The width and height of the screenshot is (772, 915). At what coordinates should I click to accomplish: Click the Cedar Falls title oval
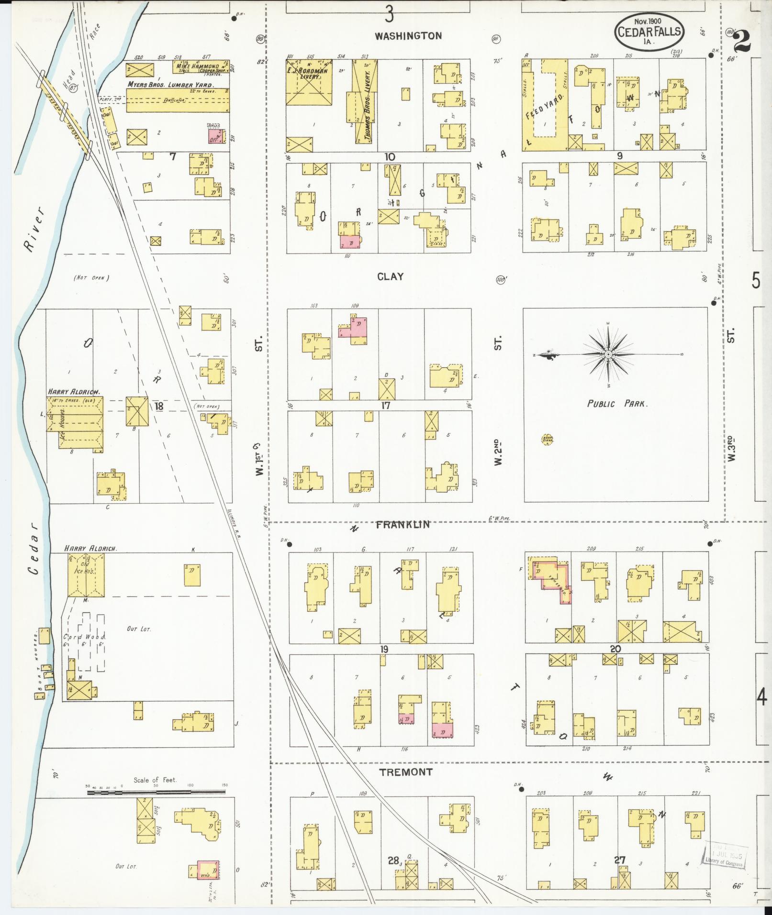tap(649, 32)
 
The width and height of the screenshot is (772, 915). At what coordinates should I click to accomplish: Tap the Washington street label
tap(408, 36)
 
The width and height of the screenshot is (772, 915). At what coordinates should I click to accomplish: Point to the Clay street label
tap(390, 276)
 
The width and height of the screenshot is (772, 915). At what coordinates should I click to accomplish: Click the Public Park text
tap(617, 404)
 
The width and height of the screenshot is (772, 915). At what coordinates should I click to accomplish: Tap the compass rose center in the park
tap(608, 354)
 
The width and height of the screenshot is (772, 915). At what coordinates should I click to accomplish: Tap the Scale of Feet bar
tap(156, 793)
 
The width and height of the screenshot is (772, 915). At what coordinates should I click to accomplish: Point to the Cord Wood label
tap(84, 637)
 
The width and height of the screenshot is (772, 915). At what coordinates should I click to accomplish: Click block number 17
tap(386, 406)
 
